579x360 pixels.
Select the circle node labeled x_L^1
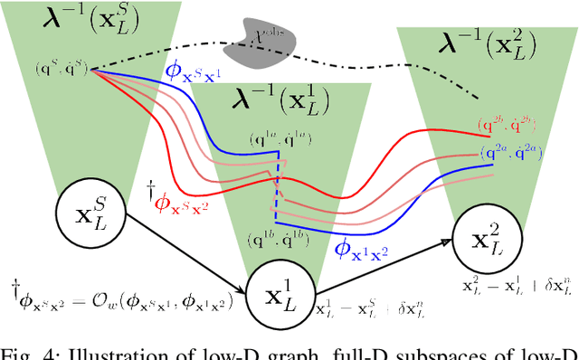280,290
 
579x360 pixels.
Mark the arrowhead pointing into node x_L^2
448,242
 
